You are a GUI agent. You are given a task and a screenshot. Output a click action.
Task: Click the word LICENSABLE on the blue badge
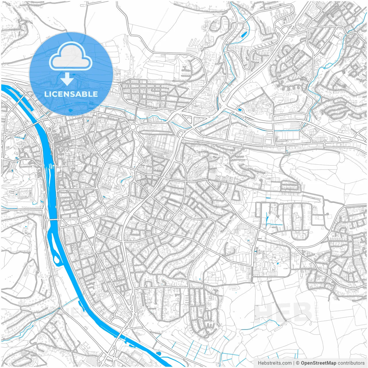coord(71,94)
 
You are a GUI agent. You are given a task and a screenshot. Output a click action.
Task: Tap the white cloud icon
coord(71,56)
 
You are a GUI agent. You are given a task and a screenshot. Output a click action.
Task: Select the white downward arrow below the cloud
coord(67,79)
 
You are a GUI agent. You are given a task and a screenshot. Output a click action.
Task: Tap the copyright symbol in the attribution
coord(298,363)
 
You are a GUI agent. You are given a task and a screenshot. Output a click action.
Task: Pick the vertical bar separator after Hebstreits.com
coord(294,363)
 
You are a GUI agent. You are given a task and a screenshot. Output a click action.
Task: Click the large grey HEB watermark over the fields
coord(283,312)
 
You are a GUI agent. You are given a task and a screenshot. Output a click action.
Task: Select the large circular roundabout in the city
coord(133,127)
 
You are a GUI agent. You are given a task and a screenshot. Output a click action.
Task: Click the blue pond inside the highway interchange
coord(238,110)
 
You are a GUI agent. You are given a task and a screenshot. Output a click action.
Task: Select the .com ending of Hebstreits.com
coord(286,363)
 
